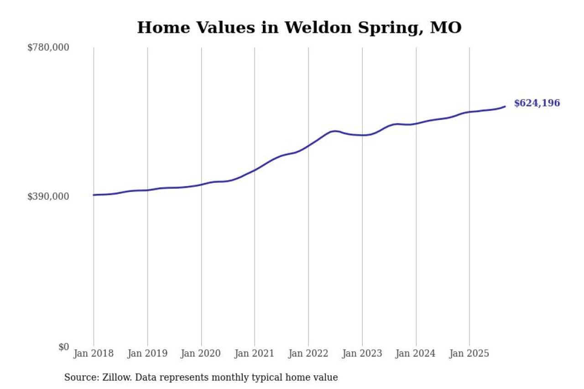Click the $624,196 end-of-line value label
point(537,103)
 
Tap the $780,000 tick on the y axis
point(48,47)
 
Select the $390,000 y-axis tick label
point(48,197)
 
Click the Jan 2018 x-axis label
point(94,353)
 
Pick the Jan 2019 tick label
point(147,353)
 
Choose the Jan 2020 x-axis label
point(201,353)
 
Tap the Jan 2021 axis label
point(255,353)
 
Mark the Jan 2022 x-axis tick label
point(308,353)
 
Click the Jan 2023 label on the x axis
point(362,353)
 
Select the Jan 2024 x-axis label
point(416,353)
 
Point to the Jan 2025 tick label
point(469,353)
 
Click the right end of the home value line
point(505,106)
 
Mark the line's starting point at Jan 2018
point(94,195)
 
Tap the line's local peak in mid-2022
point(335,131)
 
